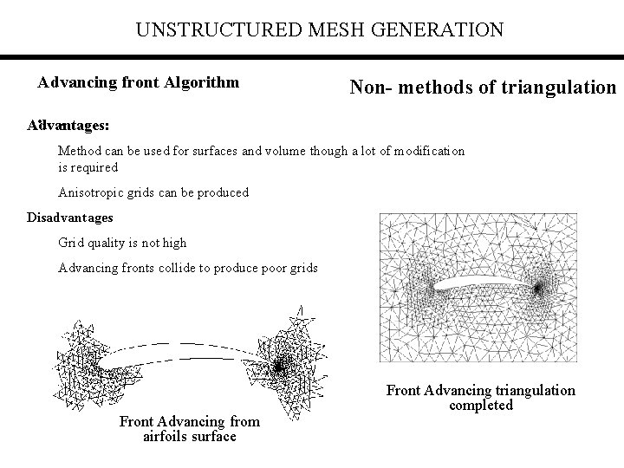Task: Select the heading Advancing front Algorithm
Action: tap(139, 83)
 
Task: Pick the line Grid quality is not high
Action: tap(122, 243)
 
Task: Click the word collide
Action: tap(180, 268)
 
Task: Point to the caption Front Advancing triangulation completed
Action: tap(481, 398)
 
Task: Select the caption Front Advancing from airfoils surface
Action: tap(189, 429)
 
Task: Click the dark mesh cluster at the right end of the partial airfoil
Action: tap(279, 367)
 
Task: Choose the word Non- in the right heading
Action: tap(371, 87)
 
